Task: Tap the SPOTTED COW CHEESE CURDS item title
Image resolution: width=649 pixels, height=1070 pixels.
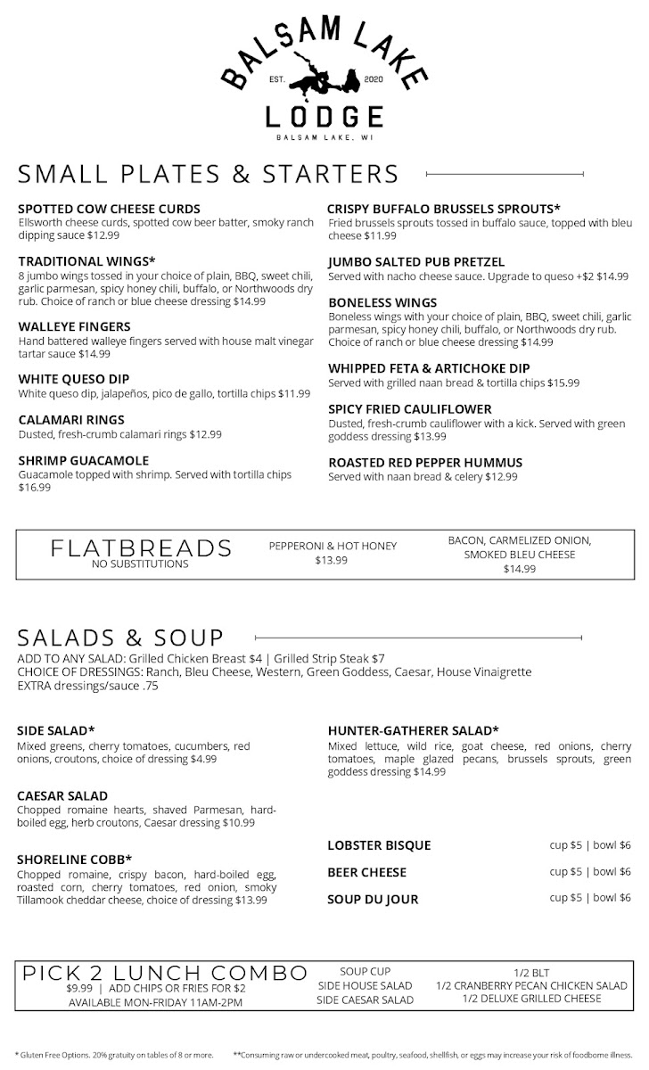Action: point(109,209)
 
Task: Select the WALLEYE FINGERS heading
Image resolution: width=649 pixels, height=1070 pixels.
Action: point(74,326)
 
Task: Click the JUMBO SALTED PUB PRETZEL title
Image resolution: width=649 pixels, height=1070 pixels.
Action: point(416,262)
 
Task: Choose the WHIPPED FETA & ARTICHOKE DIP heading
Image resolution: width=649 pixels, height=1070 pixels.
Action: point(441,368)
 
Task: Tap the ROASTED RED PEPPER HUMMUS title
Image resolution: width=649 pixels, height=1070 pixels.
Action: point(425,463)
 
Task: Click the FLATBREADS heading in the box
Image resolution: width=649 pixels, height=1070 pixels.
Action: point(141,547)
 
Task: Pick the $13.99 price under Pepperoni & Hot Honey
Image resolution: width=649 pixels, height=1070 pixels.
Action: point(333,561)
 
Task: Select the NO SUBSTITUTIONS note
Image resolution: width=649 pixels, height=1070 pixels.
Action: point(141,564)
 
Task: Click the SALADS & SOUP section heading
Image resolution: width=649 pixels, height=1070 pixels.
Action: point(120,638)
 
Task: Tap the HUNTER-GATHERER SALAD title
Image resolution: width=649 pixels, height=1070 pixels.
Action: point(413,730)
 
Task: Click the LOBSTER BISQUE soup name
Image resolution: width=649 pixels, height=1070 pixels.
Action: point(379,845)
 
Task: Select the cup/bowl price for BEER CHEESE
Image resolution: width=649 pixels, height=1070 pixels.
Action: point(590,871)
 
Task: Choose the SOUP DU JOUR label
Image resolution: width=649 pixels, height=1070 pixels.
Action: point(373,899)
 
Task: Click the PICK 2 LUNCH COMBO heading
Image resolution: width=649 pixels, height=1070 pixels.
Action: point(165,972)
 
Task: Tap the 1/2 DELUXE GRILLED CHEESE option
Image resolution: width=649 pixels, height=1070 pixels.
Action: point(531,999)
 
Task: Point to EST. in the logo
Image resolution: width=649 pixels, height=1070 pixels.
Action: point(277,80)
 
